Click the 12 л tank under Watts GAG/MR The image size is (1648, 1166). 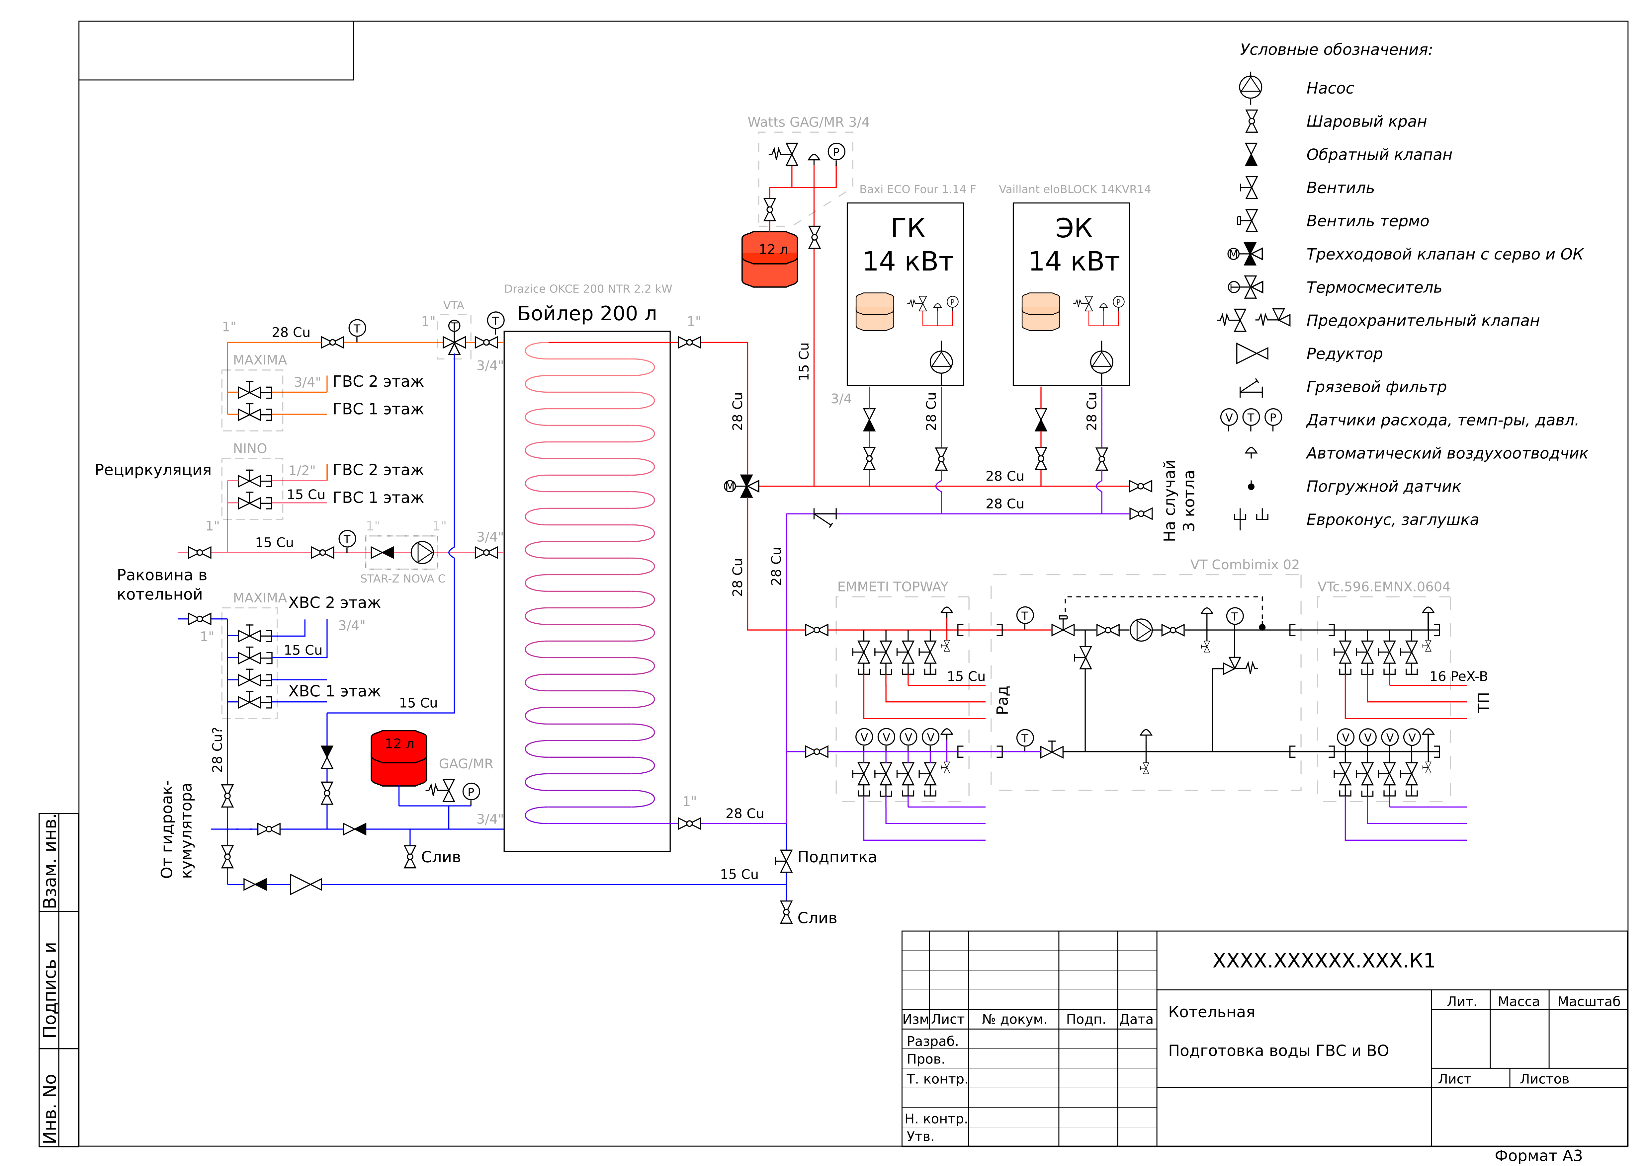769,259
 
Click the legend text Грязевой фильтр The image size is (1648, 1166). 1375,387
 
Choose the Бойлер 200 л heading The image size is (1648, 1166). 587,314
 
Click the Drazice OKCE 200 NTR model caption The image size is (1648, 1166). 587,289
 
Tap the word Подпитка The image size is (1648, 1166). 836,857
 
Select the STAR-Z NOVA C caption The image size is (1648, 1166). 402,579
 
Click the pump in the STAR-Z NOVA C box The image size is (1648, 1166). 422,552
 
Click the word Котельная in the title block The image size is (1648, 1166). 1211,1012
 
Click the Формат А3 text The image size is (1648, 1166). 1538,1155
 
